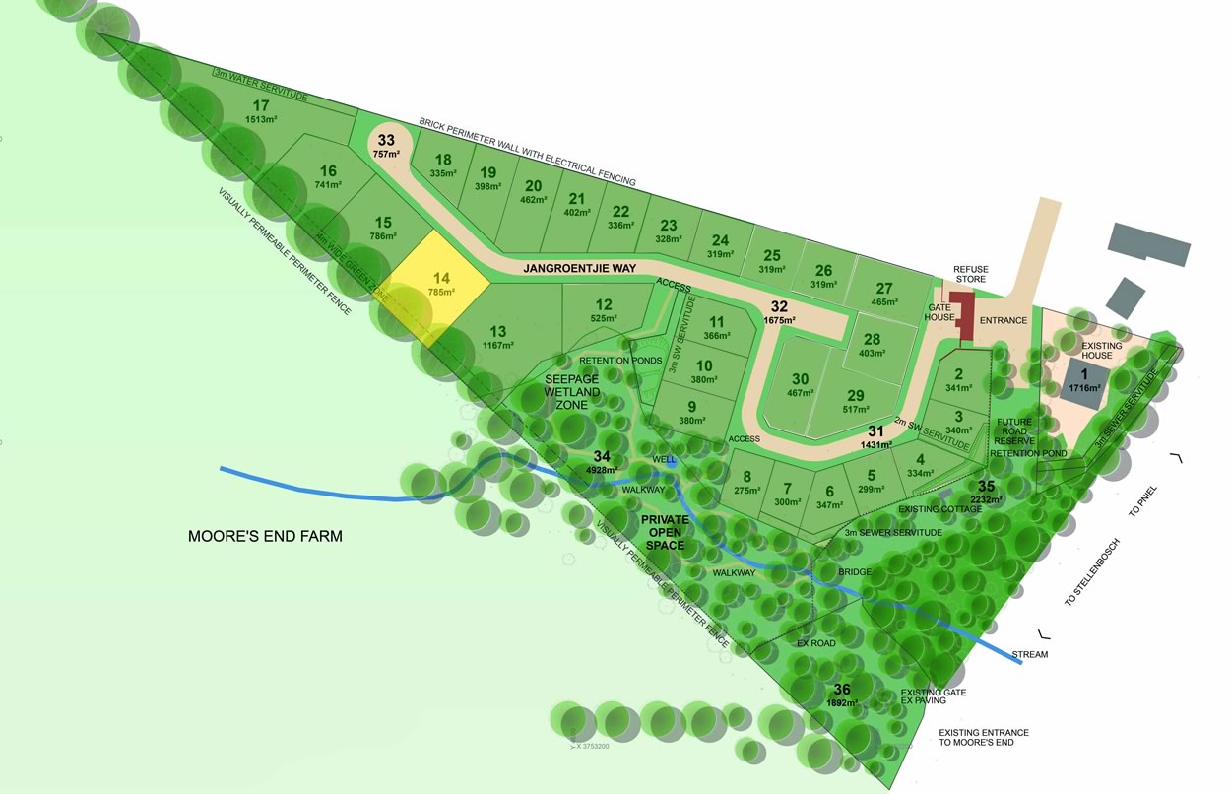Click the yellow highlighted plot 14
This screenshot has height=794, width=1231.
pyautogui.click(x=440, y=286)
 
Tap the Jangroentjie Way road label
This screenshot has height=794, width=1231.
pyautogui.click(x=579, y=268)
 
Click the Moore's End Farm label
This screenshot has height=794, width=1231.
pyautogui.click(x=265, y=537)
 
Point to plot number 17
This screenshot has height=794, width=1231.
pyautogui.click(x=261, y=106)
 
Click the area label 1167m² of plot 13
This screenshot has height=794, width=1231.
pyautogui.click(x=497, y=345)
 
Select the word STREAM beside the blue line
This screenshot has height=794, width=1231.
pyautogui.click(x=1030, y=654)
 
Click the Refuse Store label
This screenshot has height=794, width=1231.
pyautogui.click(x=969, y=275)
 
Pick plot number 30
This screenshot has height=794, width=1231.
pyautogui.click(x=800, y=379)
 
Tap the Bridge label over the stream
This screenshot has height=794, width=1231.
pyautogui.click(x=855, y=571)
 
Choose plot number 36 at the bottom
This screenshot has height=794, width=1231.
pyautogui.click(x=842, y=690)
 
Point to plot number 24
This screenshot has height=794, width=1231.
pyautogui.click(x=720, y=240)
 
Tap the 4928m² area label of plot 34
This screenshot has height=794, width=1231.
pyautogui.click(x=602, y=470)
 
